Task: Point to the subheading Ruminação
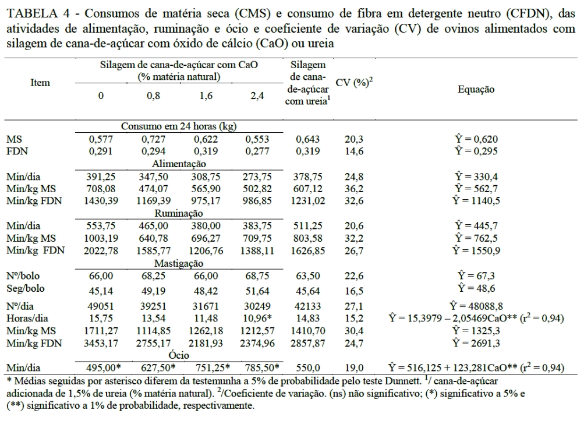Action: (x=179, y=214)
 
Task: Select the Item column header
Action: (x=40, y=83)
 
